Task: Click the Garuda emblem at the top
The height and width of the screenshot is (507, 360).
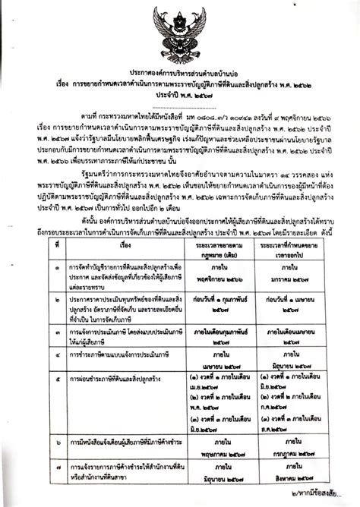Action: (x=180, y=38)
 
